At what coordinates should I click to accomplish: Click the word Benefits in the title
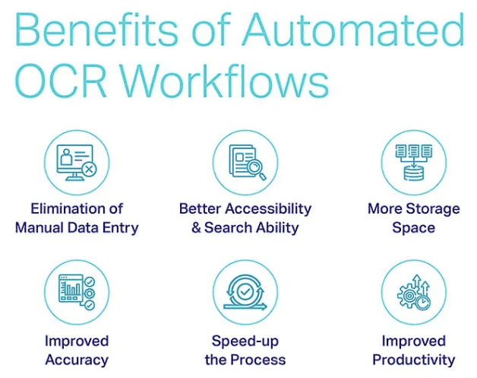(96, 30)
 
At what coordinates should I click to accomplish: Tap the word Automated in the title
(353, 30)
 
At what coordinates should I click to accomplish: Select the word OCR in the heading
(61, 81)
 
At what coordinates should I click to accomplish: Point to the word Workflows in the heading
(225, 81)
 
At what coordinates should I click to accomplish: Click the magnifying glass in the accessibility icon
(256, 170)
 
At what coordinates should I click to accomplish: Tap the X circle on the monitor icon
(89, 169)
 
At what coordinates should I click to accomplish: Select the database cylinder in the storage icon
(414, 173)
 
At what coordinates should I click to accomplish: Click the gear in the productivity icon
(409, 295)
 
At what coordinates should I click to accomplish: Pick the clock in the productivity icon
(423, 303)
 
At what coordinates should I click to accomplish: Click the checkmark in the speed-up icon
(245, 292)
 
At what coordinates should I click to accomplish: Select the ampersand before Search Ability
(197, 227)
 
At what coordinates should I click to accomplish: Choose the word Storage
(433, 210)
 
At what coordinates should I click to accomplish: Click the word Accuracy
(77, 360)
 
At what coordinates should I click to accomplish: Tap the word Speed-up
(245, 341)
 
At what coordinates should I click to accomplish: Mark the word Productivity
(414, 360)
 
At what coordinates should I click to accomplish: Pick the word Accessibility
(268, 209)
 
